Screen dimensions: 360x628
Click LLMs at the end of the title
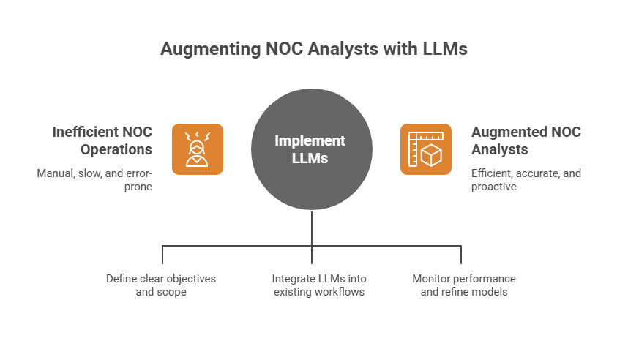pyautogui.click(x=444, y=49)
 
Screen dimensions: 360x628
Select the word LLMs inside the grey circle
pyautogui.click(x=312, y=158)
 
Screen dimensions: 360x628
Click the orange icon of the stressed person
pyautogui.click(x=198, y=149)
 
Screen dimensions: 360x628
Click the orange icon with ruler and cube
pyautogui.click(x=425, y=149)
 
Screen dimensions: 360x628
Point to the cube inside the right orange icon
pyautogui.click(x=431, y=156)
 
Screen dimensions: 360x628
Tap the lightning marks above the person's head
pyautogui.click(x=197, y=135)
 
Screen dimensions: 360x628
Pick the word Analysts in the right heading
pyautogui.click(x=500, y=149)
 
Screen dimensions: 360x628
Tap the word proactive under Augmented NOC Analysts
pyautogui.click(x=493, y=187)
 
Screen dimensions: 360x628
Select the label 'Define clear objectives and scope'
pyautogui.click(x=160, y=285)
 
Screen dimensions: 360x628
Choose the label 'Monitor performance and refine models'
pyautogui.click(x=464, y=285)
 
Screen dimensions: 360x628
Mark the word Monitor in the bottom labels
pyautogui.click(x=430, y=279)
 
